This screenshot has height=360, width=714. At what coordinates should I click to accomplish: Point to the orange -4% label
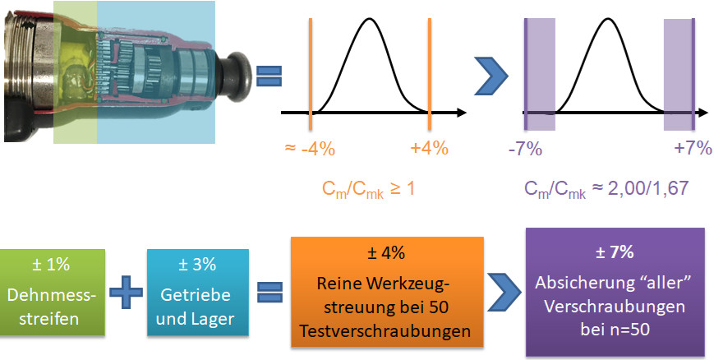click(309, 149)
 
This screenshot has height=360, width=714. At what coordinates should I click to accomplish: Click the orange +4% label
click(429, 149)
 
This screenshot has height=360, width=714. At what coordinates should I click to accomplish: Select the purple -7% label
click(525, 149)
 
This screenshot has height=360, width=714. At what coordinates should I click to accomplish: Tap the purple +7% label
click(691, 149)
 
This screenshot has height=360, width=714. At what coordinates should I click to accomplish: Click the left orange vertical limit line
click(310, 74)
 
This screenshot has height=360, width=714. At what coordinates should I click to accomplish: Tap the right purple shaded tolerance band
click(679, 74)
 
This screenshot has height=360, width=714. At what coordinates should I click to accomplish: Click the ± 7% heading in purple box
click(619, 252)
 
